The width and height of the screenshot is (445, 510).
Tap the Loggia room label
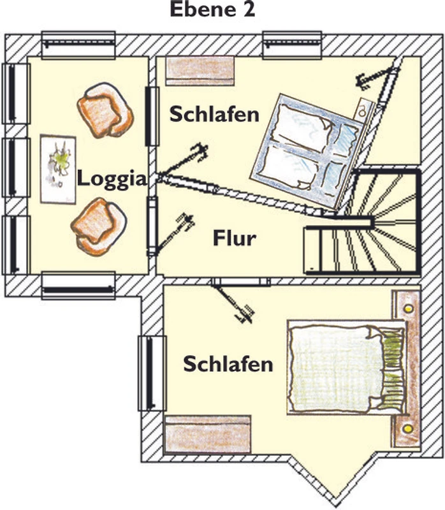click(x=112, y=178)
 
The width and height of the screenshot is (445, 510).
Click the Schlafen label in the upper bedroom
click(x=214, y=114)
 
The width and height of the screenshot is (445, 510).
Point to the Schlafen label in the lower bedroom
click(x=228, y=365)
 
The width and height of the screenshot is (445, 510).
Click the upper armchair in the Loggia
click(x=104, y=113)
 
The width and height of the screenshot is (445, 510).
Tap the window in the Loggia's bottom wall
click(x=78, y=286)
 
